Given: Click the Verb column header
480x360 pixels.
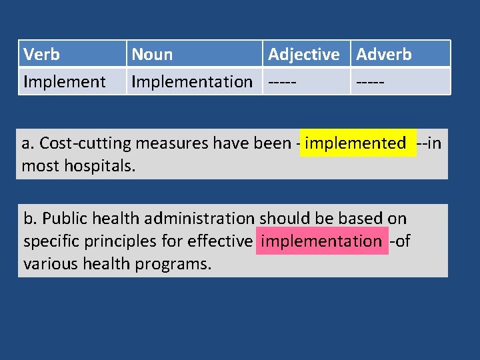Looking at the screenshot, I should pos(41,54).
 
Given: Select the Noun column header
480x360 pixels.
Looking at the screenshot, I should pos(152,54).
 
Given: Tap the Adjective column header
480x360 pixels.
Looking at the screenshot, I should pos(303,54).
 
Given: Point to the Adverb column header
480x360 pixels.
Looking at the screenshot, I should pos(384,54).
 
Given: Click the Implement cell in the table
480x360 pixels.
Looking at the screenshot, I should pos(64,82).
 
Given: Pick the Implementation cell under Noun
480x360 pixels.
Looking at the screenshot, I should pos(192,82).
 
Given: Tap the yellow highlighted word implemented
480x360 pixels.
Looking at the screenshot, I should pos(355,143).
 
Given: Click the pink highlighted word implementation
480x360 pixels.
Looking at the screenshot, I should pos(321,241).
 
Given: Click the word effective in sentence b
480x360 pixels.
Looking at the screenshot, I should pos(219,241).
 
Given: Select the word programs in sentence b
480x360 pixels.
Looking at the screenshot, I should pos(174,263).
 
